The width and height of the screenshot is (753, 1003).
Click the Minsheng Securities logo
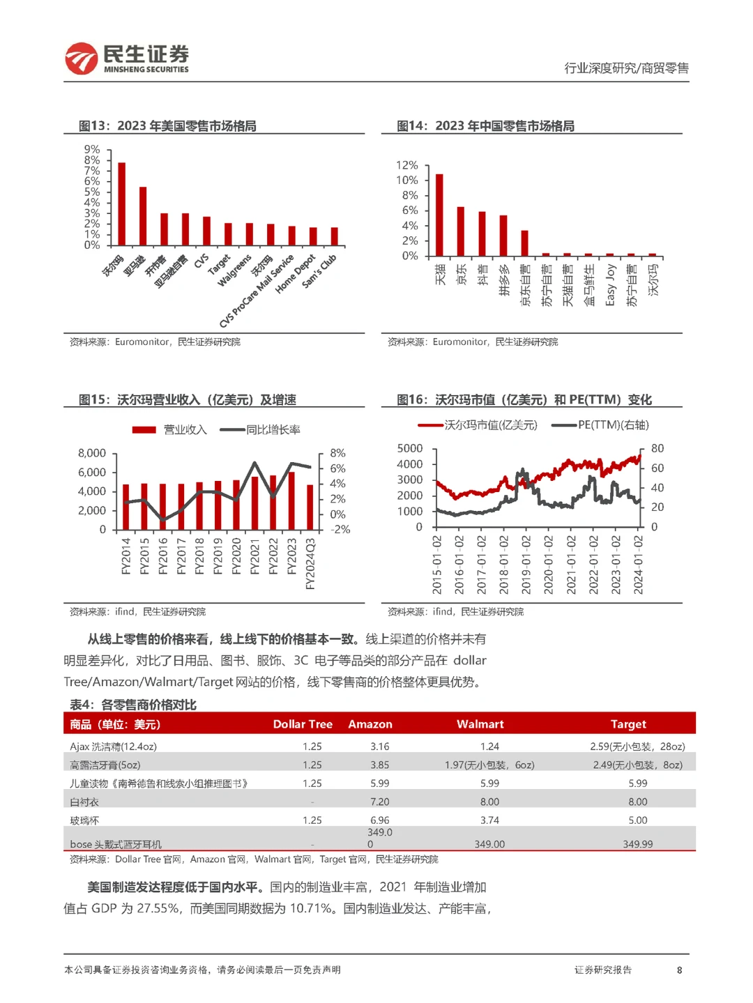pyautogui.click(x=127, y=59)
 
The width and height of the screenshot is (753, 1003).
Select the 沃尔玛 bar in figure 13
pyautogui.click(x=122, y=204)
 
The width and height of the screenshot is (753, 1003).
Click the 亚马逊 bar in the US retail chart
pyautogui.click(x=143, y=216)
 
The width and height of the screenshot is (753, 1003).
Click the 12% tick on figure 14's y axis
pyautogui.click(x=407, y=165)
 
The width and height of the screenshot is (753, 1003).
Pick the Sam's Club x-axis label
pyautogui.click(x=319, y=270)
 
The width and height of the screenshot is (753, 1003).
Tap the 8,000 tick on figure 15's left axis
pyautogui.click(x=92, y=453)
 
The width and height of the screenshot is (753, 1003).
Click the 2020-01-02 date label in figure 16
pyautogui.click(x=549, y=565)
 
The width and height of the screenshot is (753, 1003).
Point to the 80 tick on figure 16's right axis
pyautogui.click(x=657, y=448)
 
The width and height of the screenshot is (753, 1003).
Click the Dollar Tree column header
pyautogui.click(x=303, y=724)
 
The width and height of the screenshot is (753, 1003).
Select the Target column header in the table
pyautogui.click(x=628, y=724)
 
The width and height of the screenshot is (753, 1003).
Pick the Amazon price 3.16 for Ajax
pyautogui.click(x=380, y=746)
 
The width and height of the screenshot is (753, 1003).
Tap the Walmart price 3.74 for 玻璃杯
pyautogui.click(x=489, y=820)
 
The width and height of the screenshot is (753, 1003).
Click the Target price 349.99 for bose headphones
pyautogui.click(x=638, y=844)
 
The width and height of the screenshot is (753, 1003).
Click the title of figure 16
pyautogui.click(x=524, y=399)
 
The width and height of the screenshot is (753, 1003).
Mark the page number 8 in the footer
pyautogui.click(x=679, y=970)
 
